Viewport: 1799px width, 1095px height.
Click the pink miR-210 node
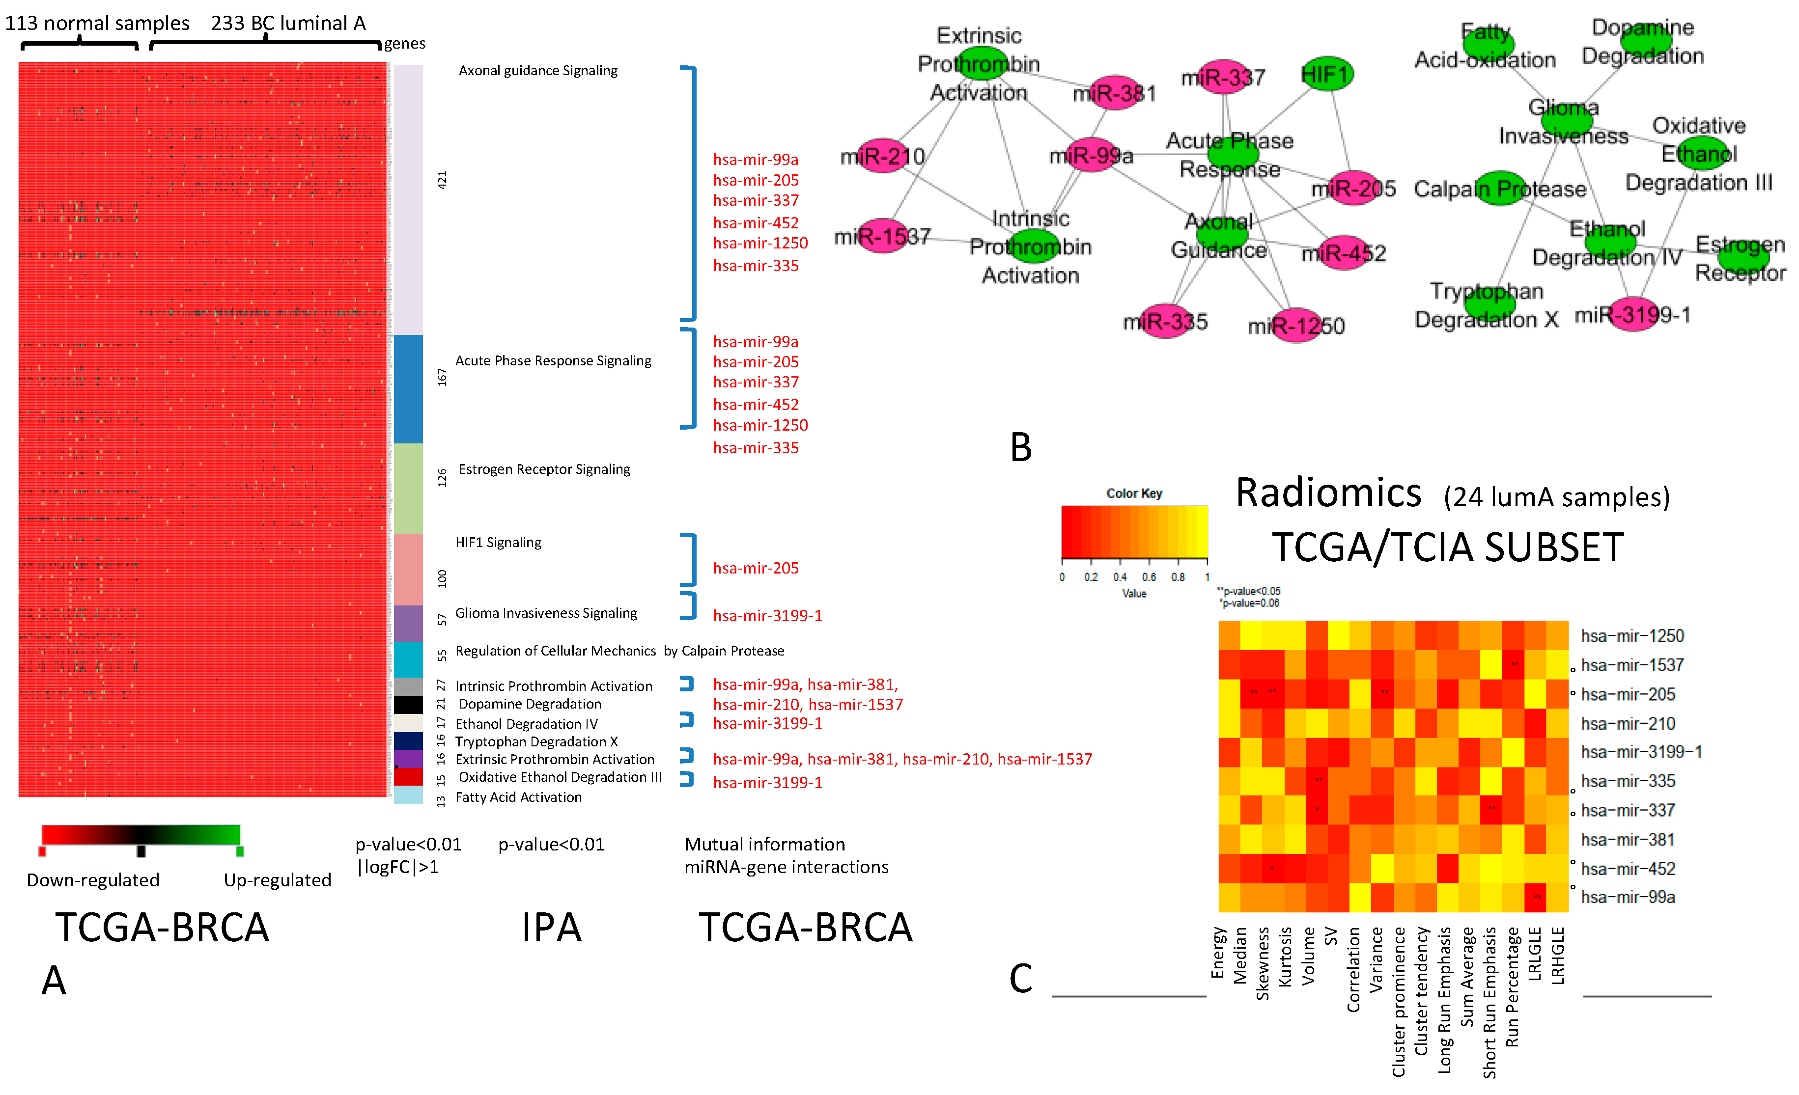pyautogui.click(x=882, y=156)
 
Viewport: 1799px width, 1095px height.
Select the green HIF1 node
pyautogui.click(x=1326, y=74)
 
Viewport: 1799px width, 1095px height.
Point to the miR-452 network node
pyautogui.click(x=1344, y=252)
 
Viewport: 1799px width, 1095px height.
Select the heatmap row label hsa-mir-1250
pyautogui.click(x=1632, y=636)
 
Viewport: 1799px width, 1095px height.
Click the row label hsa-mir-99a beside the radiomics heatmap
pyautogui.click(x=1628, y=897)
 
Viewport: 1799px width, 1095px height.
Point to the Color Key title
pyautogui.click(x=1134, y=493)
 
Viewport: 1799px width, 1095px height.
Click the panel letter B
pyautogui.click(x=1021, y=447)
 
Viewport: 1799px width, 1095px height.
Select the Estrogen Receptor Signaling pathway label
pyautogui.click(x=544, y=469)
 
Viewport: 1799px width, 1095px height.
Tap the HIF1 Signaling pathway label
pyautogui.click(x=498, y=543)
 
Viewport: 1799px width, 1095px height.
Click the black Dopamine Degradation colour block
pyautogui.click(x=408, y=705)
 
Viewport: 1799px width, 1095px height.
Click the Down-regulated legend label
pyautogui.click(x=93, y=880)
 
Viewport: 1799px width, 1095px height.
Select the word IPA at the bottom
pyautogui.click(x=551, y=928)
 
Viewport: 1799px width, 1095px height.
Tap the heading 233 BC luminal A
pyautogui.click(x=288, y=24)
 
